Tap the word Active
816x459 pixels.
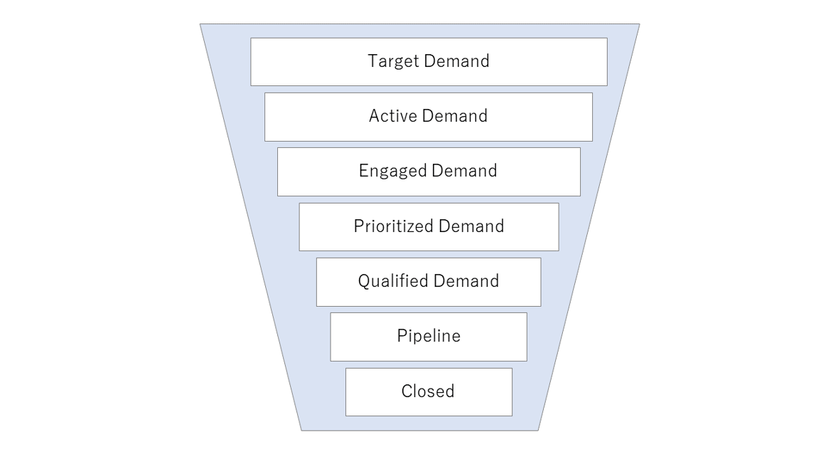tap(392, 116)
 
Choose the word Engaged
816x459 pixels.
tap(392, 171)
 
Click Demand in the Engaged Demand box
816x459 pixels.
tap(464, 171)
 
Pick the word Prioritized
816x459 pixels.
tap(393, 226)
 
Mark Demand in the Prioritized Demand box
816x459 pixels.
tap(471, 226)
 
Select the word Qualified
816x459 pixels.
tap(393, 281)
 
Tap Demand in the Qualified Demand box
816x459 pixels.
tap(466, 281)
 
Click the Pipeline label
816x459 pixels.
tap(429, 336)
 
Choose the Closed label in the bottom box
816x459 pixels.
tap(428, 391)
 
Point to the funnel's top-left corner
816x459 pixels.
tap(200, 25)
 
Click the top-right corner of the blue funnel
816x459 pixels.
tap(639, 25)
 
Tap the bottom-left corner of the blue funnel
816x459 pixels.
tap(301, 430)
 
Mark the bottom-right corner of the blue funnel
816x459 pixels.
tap(538, 430)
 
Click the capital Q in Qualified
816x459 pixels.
tap(364, 281)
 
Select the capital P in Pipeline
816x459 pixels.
tap(402, 336)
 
